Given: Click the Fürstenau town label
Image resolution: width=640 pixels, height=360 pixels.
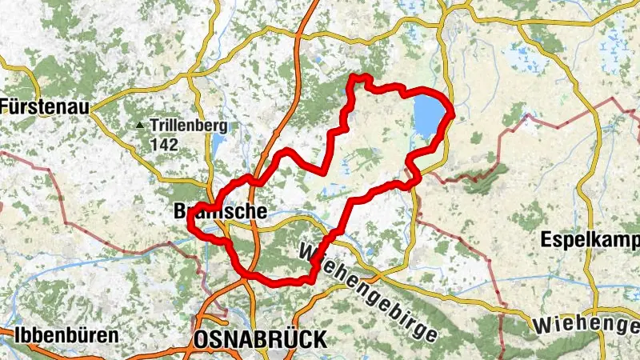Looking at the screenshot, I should pos(45,105).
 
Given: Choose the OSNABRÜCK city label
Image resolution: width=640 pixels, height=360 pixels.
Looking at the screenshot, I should pos(260,340).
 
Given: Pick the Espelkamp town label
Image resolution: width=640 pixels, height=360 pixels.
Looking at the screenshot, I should pos(590,238).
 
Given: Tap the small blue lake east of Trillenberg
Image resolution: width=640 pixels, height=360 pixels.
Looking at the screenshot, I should pos(218,144).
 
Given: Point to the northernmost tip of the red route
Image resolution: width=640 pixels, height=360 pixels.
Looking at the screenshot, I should pos(360,78).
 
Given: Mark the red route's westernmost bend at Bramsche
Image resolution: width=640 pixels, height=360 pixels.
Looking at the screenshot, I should pos(190,226).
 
